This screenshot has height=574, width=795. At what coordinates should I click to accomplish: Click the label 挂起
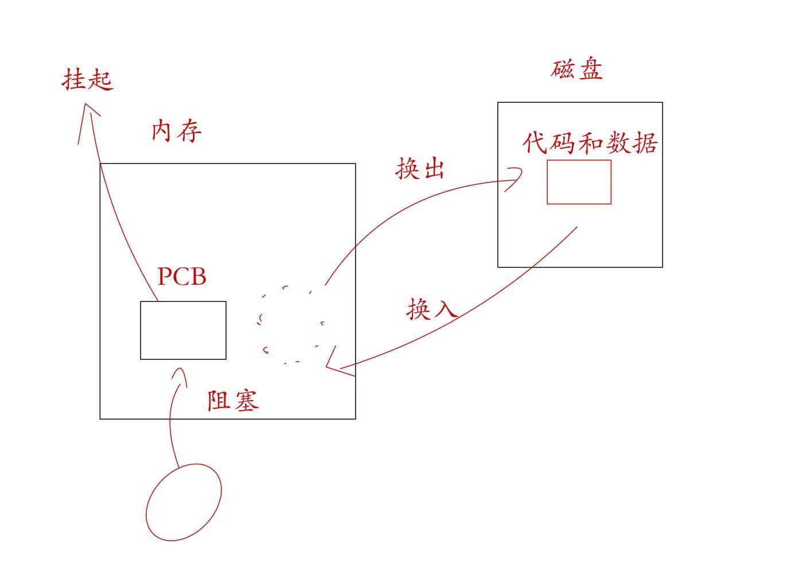(x=87, y=79)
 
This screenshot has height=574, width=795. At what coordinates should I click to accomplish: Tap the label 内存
(x=177, y=131)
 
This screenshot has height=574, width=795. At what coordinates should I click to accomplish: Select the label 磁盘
(x=577, y=69)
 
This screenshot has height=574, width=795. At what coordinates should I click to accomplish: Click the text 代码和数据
(x=590, y=142)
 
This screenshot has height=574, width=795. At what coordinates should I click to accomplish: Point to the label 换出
(x=420, y=169)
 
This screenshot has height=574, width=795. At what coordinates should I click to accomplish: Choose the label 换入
(x=432, y=309)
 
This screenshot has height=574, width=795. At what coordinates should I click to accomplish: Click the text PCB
(x=182, y=276)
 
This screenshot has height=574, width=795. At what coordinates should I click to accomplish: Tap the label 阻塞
(x=233, y=400)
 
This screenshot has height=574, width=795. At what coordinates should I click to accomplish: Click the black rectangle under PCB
(x=183, y=330)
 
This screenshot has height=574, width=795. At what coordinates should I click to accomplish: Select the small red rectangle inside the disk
(x=579, y=182)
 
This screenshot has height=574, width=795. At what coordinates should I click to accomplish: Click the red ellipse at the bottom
(x=184, y=502)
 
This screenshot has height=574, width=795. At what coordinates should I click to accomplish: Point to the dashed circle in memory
(x=290, y=325)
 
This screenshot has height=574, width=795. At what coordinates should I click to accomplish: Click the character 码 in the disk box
(x=563, y=142)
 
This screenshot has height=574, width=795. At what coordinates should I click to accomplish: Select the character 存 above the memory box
(x=189, y=131)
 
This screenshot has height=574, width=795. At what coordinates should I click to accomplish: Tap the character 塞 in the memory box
(x=247, y=400)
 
